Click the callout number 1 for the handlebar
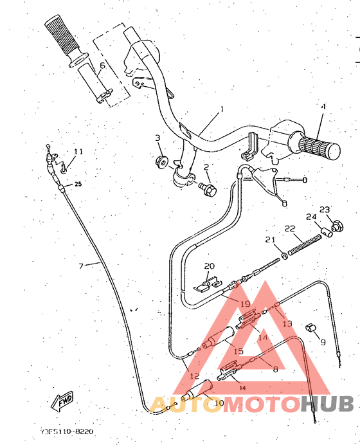pyautogui.click(x=221, y=110)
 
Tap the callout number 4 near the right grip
pyautogui.click(x=323, y=106)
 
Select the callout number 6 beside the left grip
pyautogui.click(x=102, y=66)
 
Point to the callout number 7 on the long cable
pyautogui.click(x=81, y=266)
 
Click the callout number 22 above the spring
pyautogui.click(x=289, y=229)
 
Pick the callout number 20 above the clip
pyautogui.click(x=208, y=266)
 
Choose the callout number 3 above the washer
pyautogui.click(x=157, y=138)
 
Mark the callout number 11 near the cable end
pyautogui.click(x=78, y=152)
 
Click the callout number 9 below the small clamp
pyautogui.click(x=323, y=342)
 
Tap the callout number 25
pyautogui.click(x=78, y=185)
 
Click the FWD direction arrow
pyautogui.click(x=62, y=403)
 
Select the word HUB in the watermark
pyautogui.click(x=327, y=404)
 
